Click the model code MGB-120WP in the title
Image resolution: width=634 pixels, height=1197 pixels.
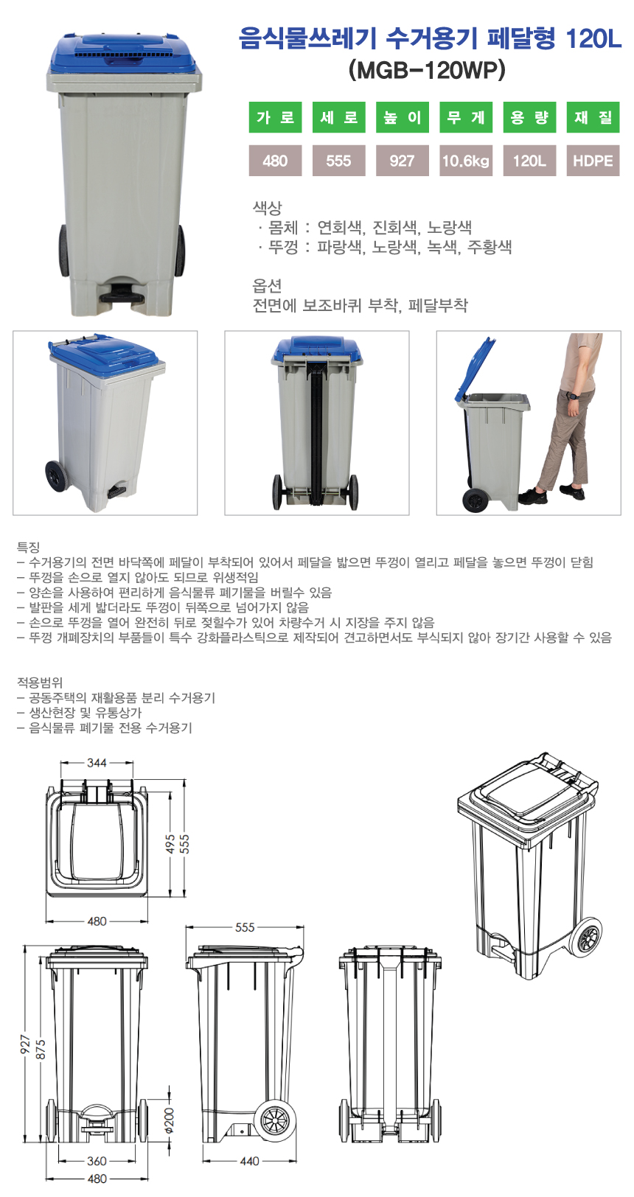pyautogui.click(x=426, y=69)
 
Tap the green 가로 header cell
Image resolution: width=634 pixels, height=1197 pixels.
pyautogui.click(x=275, y=117)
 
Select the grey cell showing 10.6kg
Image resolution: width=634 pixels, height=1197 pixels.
pyautogui.click(x=466, y=161)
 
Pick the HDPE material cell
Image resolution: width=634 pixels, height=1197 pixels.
pyautogui.click(x=593, y=161)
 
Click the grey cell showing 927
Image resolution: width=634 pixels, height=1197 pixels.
pyautogui.click(x=402, y=161)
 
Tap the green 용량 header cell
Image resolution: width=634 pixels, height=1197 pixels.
pyautogui.click(x=530, y=117)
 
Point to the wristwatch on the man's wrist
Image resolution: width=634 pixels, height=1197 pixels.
pyautogui.click(x=571, y=397)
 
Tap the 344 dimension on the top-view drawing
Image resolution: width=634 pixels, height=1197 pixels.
pyautogui.click(x=97, y=763)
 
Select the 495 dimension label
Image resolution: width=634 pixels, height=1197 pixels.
pyautogui.click(x=170, y=844)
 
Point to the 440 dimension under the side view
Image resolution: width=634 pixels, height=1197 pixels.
pyautogui.click(x=249, y=1161)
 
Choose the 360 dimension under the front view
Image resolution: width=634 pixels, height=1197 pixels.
pyautogui.click(x=97, y=1161)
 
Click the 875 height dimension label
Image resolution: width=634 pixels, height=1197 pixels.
pyautogui.click(x=41, y=1050)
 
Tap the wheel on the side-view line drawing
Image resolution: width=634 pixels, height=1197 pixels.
pyautogui.click(x=275, y=1119)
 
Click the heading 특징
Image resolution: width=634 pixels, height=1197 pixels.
pyautogui.click(x=28, y=547)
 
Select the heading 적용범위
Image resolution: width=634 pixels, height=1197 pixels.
pyautogui.click(x=40, y=683)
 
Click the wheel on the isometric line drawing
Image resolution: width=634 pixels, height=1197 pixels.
pyautogui.click(x=586, y=937)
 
